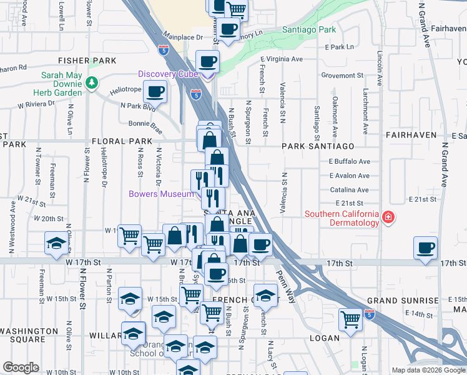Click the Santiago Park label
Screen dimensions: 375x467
[308, 29]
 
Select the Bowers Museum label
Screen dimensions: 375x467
[162, 194]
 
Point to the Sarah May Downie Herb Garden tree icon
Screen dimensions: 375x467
[92, 82]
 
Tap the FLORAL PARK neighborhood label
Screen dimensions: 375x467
[122, 142]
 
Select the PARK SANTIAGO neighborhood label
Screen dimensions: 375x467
[318, 146]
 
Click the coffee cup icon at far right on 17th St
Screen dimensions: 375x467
[426, 247]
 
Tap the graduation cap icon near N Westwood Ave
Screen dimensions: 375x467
[56, 243]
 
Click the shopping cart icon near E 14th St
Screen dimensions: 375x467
[351, 319]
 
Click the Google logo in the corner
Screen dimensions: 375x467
[21, 367]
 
